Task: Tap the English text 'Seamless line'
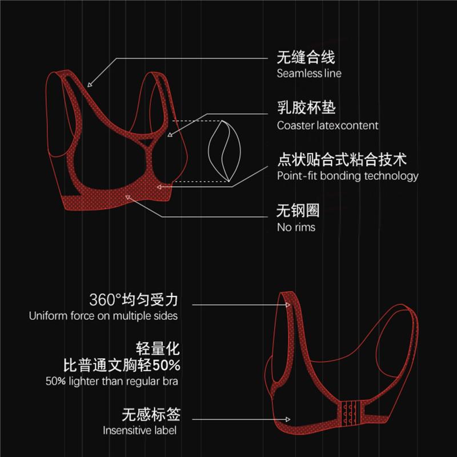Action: (x=308, y=73)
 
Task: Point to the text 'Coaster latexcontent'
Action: (x=327, y=125)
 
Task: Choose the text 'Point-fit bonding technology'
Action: (x=347, y=176)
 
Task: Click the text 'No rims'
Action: (x=295, y=227)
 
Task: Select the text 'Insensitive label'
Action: (x=139, y=430)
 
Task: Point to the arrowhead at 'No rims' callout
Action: (x=129, y=197)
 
